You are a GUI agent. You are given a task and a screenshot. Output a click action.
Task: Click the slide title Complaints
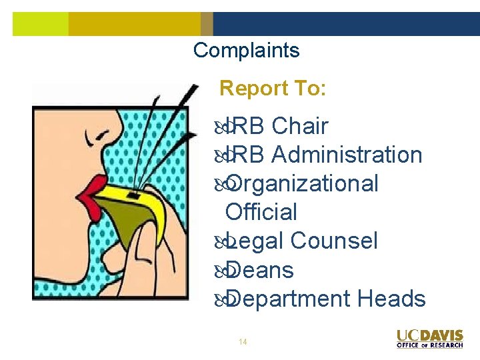tap(246, 50)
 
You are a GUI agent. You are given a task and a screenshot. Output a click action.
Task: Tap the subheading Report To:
tap(273, 88)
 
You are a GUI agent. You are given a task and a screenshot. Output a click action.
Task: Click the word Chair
tap(300, 125)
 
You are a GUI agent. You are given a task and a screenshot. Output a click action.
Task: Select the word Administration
tap(347, 155)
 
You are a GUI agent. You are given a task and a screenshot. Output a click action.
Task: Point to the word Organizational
tap(303, 183)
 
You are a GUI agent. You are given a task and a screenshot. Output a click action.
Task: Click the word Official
tap(261, 212)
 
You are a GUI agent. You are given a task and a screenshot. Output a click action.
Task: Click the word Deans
tap(260, 270)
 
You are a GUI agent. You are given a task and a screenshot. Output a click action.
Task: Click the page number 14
tap(243, 342)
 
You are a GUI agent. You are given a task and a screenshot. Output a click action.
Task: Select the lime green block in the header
tap(40, 24)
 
